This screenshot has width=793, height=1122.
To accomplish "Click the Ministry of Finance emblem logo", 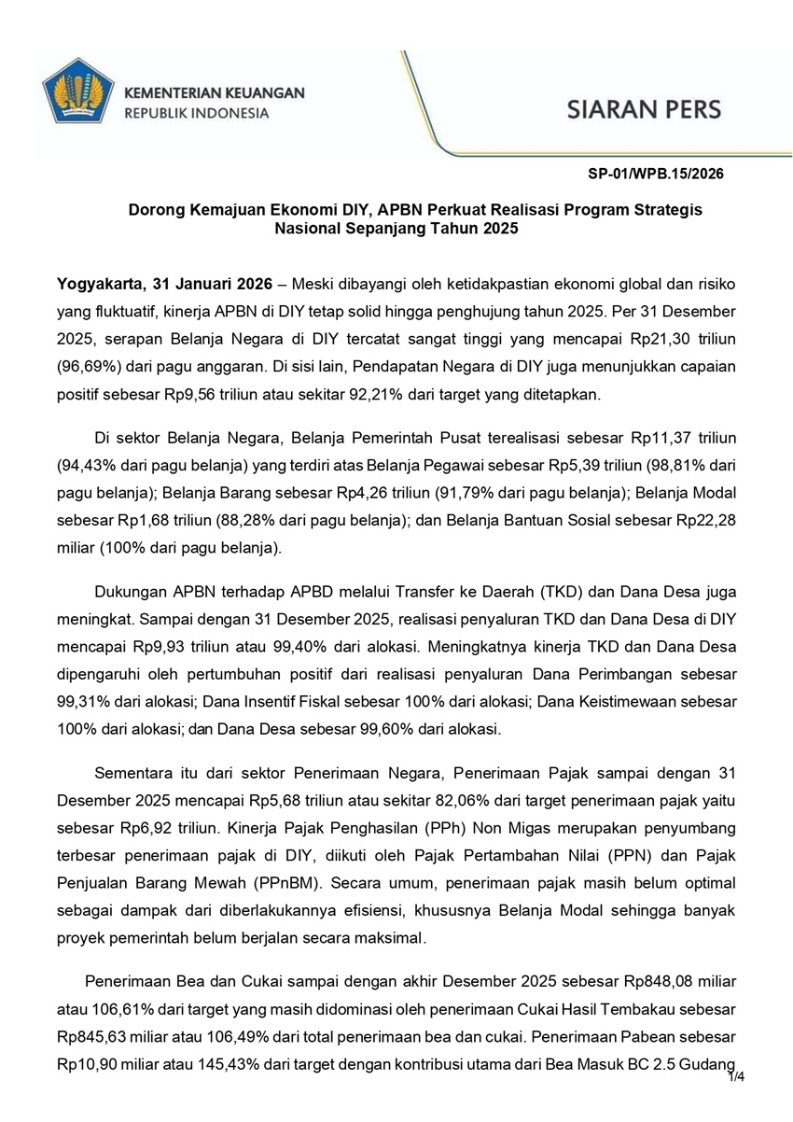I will (x=77, y=93).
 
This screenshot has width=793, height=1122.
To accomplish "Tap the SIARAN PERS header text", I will (x=644, y=108).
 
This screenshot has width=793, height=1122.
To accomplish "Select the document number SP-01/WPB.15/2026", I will (x=656, y=174).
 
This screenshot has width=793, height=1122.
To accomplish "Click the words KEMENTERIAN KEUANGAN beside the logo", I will (x=215, y=93).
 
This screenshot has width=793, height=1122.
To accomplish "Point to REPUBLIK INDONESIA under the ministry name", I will (x=196, y=114).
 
